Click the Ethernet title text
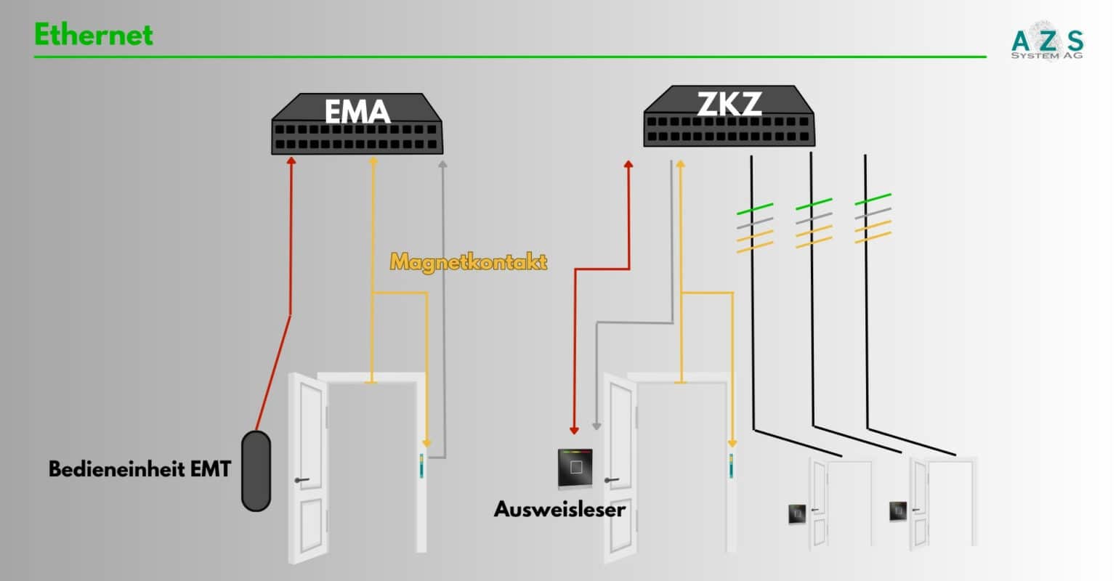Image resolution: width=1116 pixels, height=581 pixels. (x=94, y=35)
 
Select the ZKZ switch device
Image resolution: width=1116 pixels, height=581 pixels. (x=729, y=117)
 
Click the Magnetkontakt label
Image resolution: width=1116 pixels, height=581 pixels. (x=469, y=261)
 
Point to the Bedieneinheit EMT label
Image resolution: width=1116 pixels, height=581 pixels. (x=139, y=469)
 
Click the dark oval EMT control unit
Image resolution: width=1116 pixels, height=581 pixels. (x=256, y=471)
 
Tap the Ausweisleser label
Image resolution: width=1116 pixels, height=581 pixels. (x=559, y=509)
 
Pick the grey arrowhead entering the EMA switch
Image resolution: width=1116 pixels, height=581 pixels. (x=442, y=164)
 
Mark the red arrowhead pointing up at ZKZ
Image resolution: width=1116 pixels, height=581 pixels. (x=628, y=165)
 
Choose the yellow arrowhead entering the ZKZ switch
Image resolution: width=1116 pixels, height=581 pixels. (x=681, y=164)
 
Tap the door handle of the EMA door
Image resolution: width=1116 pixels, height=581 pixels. (x=302, y=480)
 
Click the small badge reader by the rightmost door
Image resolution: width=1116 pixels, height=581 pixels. (x=897, y=511)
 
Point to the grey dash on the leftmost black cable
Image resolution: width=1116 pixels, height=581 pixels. (x=755, y=223)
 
